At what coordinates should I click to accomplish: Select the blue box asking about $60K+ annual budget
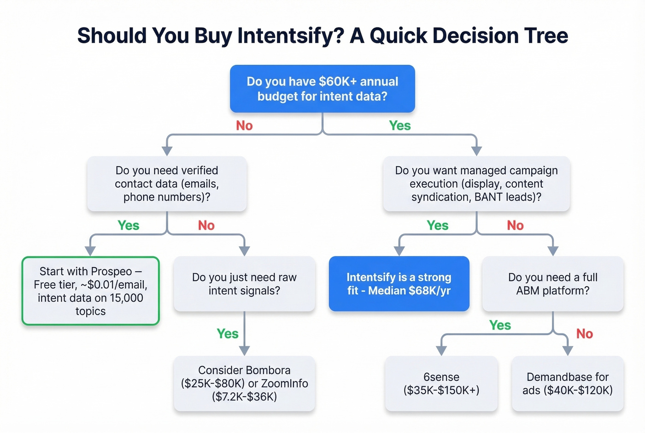pyautogui.click(x=322, y=89)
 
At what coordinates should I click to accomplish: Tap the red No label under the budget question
pyautogui.click(x=244, y=125)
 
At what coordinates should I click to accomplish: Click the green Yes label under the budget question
pyautogui.click(x=399, y=125)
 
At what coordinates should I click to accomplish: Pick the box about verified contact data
pyautogui.click(x=167, y=184)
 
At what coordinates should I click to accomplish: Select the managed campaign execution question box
pyautogui.click(x=476, y=184)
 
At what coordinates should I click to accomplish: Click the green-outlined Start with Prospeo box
pyautogui.click(x=90, y=291)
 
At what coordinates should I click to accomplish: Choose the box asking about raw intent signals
pyautogui.click(x=244, y=284)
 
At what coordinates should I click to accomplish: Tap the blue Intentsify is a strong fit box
pyautogui.click(x=399, y=284)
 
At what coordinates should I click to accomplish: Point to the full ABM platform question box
pyautogui.click(x=552, y=284)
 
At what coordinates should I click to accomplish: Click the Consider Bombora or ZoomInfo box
pyautogui.click(x=244, y=383)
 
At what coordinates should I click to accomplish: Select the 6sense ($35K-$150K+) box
pyautogui.click(x=441, y=383)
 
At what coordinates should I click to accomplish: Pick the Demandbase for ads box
pyautogui.click(x=568, y=383)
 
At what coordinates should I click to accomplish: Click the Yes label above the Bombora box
pyautogui.click(x=228, y=333)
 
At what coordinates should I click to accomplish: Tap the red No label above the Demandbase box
pyautogui.click(x=584, y=333)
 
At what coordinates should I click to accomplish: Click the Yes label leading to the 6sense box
pyautogui.click(x=500, y=325)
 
